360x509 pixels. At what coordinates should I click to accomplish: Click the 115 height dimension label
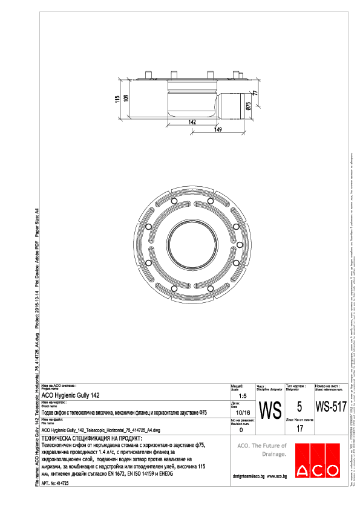click(x=117, y=99)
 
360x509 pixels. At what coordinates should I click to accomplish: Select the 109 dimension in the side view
click(x=126, y=98)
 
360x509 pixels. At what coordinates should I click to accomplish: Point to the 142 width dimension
click(x=191, y=122)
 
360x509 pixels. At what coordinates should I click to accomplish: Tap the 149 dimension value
click(x=217, y=129)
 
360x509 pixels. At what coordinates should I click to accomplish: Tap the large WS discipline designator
click(x=269, y=410)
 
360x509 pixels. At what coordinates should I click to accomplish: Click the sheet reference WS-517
click(x=331, y=406)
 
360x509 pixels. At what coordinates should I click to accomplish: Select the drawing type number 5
click(x=299, y=407)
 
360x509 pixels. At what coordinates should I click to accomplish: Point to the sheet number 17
click(x=299, y=429)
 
